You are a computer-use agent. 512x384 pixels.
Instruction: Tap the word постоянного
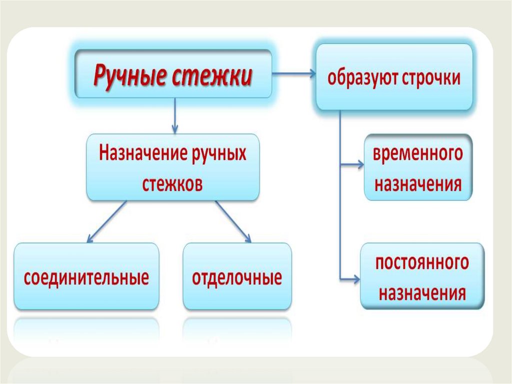click(x=422, y=262)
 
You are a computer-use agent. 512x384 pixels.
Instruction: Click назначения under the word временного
click(x=418, y=184)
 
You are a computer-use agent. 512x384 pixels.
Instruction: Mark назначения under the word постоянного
click(x=422, y=292)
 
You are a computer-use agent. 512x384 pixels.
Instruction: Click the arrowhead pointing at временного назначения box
click(x=361, y=164)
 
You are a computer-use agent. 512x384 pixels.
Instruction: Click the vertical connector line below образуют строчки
click(x=340, y=200)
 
